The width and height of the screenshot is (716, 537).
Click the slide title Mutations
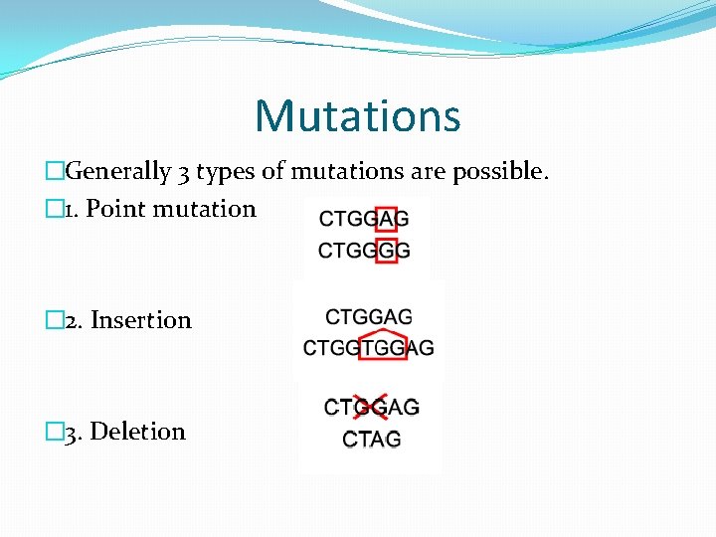358,115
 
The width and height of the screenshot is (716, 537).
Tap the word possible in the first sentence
498,172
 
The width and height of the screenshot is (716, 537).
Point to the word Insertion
140,320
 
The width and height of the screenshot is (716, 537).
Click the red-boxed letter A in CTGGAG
386,219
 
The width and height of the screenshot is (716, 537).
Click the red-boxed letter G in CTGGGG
386,250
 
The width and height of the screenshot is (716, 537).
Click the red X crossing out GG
370,407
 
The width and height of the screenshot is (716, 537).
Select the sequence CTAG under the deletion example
372,439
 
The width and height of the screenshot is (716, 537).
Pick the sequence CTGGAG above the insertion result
369,317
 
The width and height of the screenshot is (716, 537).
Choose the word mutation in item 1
214,209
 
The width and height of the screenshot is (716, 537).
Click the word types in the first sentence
226,172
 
